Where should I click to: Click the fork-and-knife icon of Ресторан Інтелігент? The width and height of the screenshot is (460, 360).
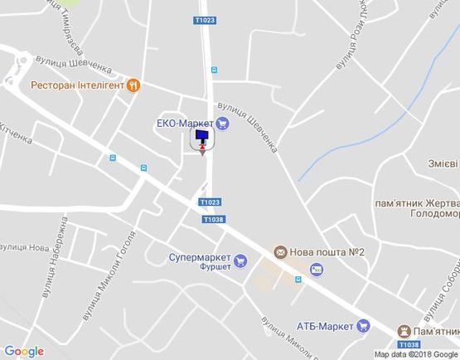pos(133,85)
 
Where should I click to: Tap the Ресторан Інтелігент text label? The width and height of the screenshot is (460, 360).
pos(77,85)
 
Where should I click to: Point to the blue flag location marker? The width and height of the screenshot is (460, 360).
pos(202,137)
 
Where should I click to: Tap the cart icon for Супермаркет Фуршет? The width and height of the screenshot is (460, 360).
pos(240,261)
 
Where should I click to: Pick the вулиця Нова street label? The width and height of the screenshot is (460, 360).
pos(25,247)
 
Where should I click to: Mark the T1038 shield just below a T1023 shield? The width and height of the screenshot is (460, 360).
pos(213,219)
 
